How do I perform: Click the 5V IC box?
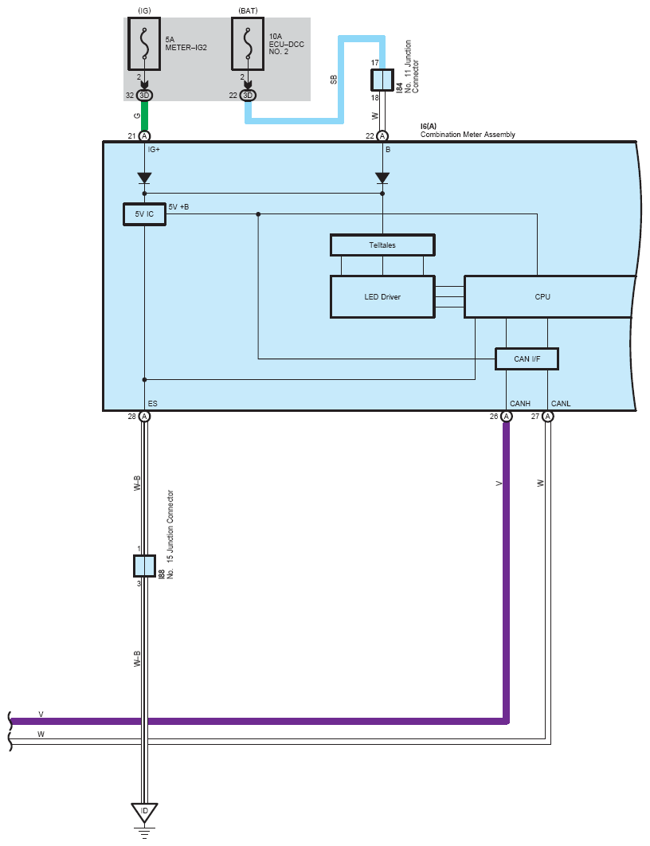point(144,214)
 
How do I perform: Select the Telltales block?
point(382,245)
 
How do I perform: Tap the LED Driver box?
point(382,296)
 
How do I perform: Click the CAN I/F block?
point(527,359)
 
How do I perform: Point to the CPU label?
point(542,297)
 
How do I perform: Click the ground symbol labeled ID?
point(144,812)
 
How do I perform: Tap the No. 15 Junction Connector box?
point(144,566)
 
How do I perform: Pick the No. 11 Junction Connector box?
point(382,80)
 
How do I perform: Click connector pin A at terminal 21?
point(144,136)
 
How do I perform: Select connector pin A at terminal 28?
point(144,416)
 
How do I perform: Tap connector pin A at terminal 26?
point(506,416)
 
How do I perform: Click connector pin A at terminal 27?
point(547,416)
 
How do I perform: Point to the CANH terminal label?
point(520,404)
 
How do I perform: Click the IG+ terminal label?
point(155,149)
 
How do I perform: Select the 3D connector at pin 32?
point(144,96)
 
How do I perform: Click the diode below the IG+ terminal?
point(144,177)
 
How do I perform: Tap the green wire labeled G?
point(144,116)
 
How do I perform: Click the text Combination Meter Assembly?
point(468,135)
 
